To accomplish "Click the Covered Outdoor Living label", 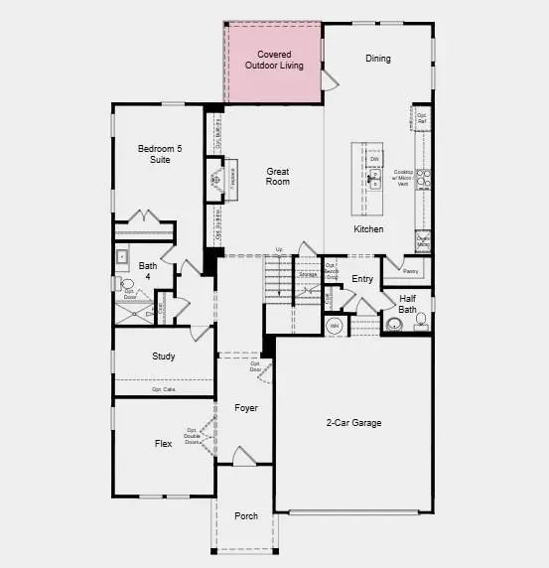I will tap(274, 60).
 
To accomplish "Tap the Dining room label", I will tap(378, 59).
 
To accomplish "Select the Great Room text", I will tap(278, 177).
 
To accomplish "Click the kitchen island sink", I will tap(375, 178).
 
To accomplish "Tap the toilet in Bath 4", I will tap(128, 285).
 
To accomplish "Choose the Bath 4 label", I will tap(148, 271).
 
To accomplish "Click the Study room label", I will tap(164, 356).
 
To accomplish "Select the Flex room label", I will tap(164, 443).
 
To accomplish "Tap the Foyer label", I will tap(245, 408).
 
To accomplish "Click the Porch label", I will tap(245, 516).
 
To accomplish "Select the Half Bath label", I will tap(408, 303).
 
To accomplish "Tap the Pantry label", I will tap(411, 270).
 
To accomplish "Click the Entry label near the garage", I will tap(362, 279).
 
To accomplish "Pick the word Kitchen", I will tap(368, 229).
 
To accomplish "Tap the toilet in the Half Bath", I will tap(420, 321).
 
